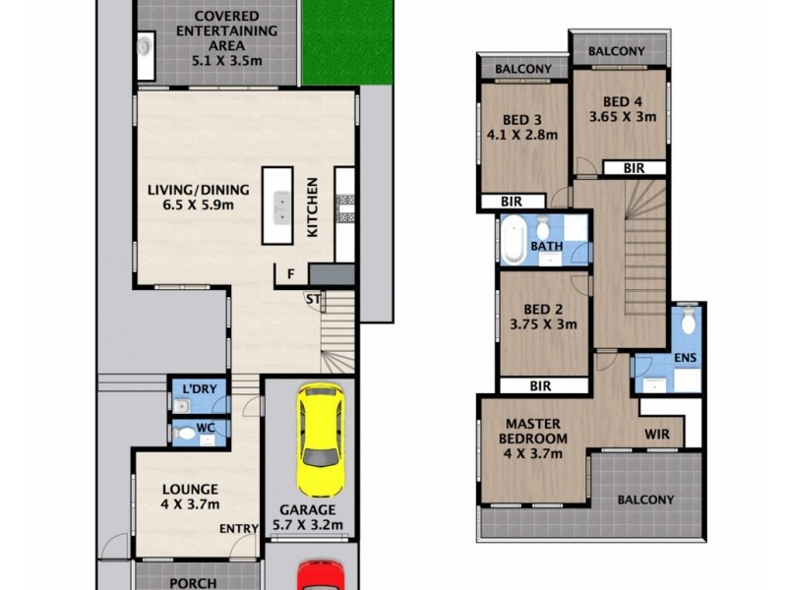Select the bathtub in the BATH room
tap(514, 241)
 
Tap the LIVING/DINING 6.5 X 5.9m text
tap(197, 198)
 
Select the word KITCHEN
tap(313, 207)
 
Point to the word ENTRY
tap(239, 529)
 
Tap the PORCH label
tap(193, 583)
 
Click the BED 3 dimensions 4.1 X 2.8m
tap(522, 135)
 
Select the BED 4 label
tap(622, 100)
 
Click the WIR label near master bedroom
tap(657, 432)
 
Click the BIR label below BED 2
tap(539, 386)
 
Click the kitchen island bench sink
tap(280, 206)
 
